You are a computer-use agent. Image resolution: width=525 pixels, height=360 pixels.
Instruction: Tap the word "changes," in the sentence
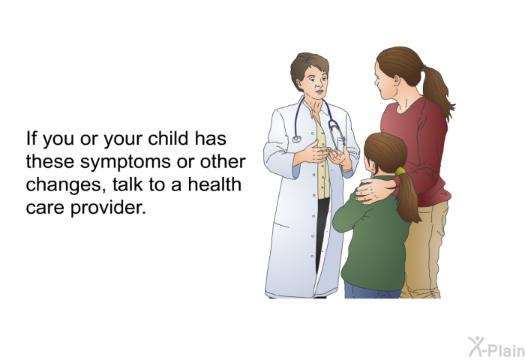(x=64, y=185)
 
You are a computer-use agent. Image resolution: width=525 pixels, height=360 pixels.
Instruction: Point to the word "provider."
(x=108, y=208)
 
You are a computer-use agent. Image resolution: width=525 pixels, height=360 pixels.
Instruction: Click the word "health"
(x=214, y=184)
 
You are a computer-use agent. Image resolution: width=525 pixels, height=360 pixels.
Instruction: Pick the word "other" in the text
(x=223, y=161)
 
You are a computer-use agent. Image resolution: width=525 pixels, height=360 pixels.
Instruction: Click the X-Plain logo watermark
(x=496, y=346)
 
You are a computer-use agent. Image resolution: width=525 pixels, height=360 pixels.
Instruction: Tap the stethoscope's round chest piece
(x=297, y=139)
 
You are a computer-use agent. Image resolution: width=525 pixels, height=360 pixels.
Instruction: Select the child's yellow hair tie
(x=400, y=172)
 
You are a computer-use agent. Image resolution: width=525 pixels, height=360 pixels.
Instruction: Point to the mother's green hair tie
(x=424, y=68)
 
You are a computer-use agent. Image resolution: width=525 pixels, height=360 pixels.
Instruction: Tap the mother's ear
(x=397, y=80)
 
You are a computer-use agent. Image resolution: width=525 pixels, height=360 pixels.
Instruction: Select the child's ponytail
(x=408, y=197)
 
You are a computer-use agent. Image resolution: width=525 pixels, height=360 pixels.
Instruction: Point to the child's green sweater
(x=372, y=240)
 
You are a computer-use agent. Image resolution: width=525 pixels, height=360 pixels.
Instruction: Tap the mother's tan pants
(x=424, y=250)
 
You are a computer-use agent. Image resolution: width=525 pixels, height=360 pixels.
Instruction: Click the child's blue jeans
(x=372, y=290)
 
